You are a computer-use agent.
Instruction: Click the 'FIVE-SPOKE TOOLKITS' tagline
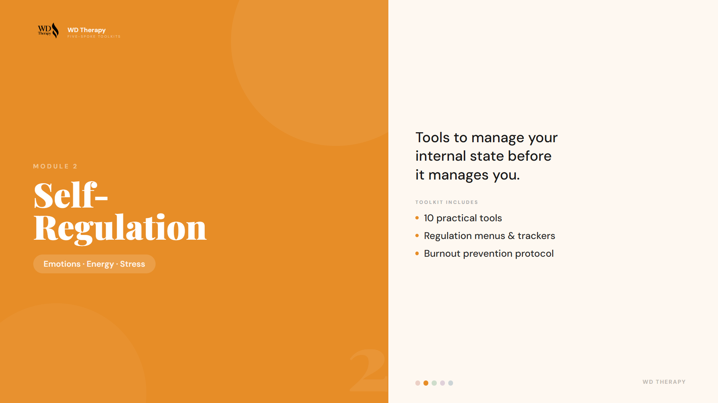click(x=94, y=37)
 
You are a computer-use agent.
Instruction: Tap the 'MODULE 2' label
click(x=55, y=166)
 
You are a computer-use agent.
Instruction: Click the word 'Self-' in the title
click(x=71, y=195)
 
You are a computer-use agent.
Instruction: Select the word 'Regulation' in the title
click(x=120, y=228)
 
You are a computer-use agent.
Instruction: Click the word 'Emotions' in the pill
click(x=62, y=264)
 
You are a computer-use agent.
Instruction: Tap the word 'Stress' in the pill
click(x=132, y=264)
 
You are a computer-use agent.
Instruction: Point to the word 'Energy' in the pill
click(x=100, y=264)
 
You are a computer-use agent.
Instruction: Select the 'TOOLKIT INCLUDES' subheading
click(x=446, y=202)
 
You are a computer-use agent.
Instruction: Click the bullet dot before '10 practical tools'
click(x=417, y=218)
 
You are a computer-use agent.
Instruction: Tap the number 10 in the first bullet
click(x=429, y=218)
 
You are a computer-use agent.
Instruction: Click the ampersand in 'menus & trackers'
click(x=511, y=236)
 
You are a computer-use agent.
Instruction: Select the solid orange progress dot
click(x=426, y=383)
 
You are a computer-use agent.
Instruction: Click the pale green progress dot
click(x=434, y=383)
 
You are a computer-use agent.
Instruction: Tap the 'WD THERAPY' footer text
click(x=664, y=382)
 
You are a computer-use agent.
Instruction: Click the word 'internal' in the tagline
click(x=440, y=156)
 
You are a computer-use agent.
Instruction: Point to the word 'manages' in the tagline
click(x=458, y=175)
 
